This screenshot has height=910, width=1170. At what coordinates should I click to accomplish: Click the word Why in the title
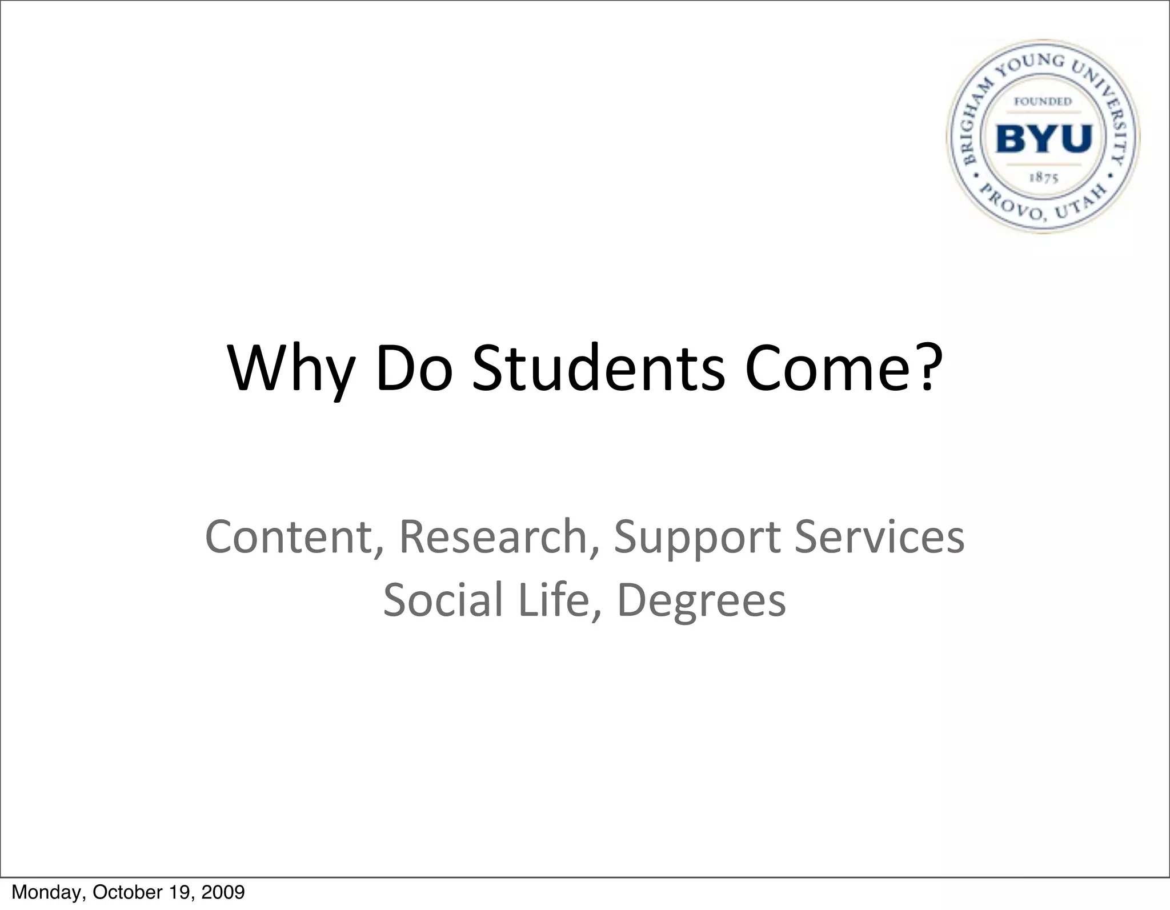(x=290, y=368)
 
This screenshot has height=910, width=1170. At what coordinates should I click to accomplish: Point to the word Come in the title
(x=824, y=368)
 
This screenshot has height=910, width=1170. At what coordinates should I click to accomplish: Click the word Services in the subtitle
(x=879, y=537)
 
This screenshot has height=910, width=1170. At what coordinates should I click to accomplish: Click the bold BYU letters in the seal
(x=1044, y=138)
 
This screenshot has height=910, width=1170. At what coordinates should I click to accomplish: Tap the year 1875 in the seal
(x=1044, y=178)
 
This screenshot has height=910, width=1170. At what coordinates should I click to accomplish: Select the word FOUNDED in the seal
(x=1043, y=102)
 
